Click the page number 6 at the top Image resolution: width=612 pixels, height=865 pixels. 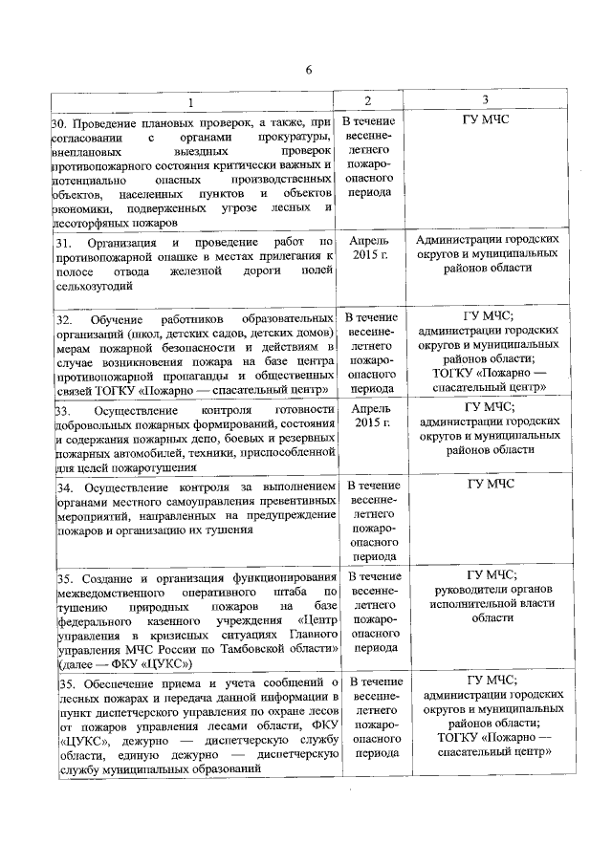tap(308, 70)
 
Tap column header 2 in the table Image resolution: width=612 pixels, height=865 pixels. tap(368, 101)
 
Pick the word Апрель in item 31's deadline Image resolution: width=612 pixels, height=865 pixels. tap(369, 243)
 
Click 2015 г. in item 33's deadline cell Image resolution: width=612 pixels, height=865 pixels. tap(369, 422)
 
